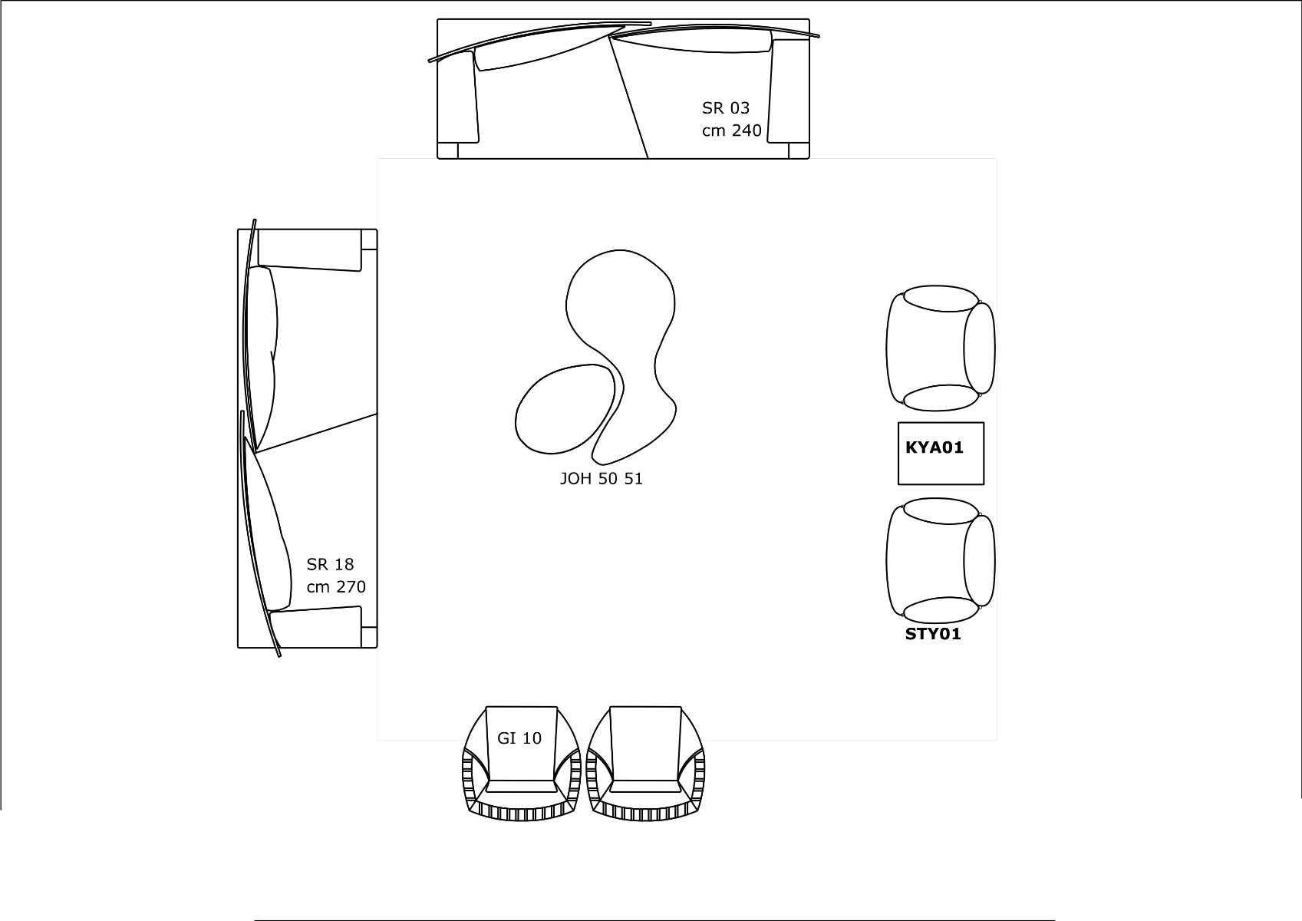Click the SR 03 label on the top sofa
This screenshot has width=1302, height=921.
pyautogui.click(x=725, y=107)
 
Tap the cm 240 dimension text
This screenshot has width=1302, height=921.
pyautogui.click(x=731, y=130)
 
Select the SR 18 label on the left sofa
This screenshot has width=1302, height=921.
pyautogui.click(x=330, y=564)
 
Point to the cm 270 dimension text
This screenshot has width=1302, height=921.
pyautogui.click(x=336, y=586)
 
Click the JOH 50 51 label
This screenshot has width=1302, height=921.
pyautogui.click(x=601, y=478)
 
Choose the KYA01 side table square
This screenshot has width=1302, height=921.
pyautogui.click(x=941, y=453)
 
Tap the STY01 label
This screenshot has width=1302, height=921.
pyautogui.click(x=933, y=634)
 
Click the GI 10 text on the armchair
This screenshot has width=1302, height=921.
pyautogui.click(x=519, y=738)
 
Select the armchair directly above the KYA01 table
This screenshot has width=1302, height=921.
pyautogui.click(x=941, y=348)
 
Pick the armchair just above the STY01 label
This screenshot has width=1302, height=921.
pyautogui.click(x=941, y=560)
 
